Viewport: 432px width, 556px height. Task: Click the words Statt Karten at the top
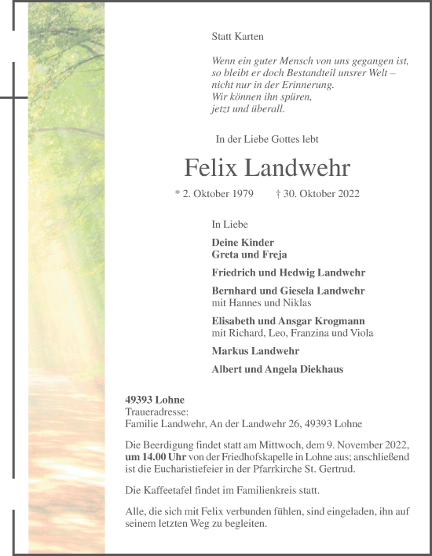coord(238,36)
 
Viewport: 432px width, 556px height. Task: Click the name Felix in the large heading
coord(211,168)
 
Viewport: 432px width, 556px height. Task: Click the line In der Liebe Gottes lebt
coord(267,139)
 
